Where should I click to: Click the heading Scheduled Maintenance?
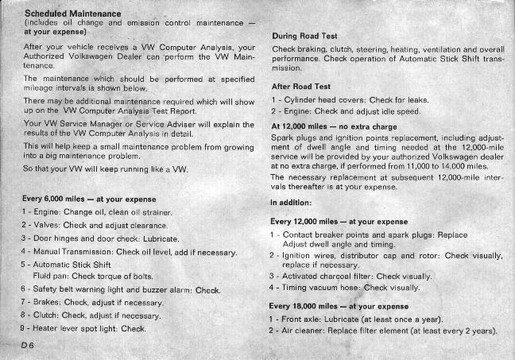coord(73,14)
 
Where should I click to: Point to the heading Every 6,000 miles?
coord(90,198)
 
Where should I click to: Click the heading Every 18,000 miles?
coord(339,306)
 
